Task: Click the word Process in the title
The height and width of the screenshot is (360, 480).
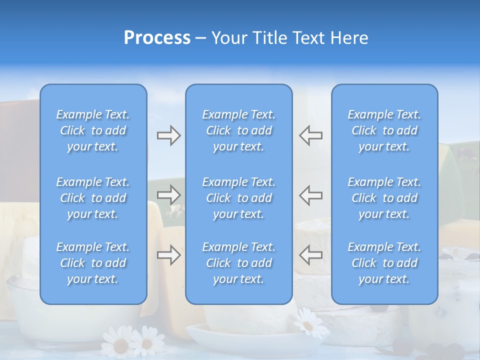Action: tap(157, 38)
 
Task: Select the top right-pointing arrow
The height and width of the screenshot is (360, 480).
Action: tap(169, 135)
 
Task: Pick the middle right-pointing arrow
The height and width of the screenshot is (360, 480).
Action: tap(169, 195)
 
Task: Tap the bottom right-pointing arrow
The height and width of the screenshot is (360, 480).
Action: tap(169, 255)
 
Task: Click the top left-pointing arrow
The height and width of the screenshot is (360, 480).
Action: tap(310, 135)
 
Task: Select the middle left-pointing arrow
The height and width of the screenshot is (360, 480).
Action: tap(310, 195)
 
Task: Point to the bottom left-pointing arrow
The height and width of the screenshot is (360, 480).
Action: tap(310, 255)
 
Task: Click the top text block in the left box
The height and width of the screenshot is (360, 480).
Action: tap(93, 130)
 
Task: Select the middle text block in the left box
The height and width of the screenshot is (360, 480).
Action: tap(93, 198)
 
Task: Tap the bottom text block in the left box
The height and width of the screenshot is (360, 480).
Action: tap(93, 263)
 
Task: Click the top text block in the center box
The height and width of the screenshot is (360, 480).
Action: tap(239, 130)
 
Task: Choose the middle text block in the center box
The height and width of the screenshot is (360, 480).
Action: tap(239, 198)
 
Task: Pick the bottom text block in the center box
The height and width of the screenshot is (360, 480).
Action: tap(239, 263)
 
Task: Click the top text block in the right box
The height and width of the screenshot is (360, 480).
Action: tap(384, 130)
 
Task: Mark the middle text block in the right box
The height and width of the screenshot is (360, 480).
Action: tap(384, 198)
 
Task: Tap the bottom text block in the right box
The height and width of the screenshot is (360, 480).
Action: tap(384, 263)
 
